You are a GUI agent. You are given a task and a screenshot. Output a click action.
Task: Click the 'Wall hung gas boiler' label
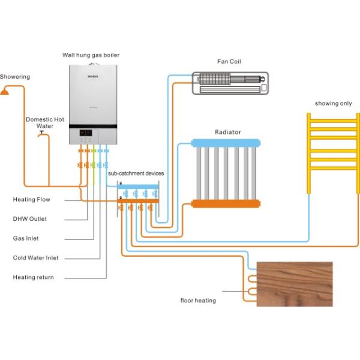click(x=91, y=55)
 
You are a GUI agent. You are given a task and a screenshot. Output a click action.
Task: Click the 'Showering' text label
click(x=15, y=77)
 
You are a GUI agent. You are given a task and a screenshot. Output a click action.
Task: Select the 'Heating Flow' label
click(x=32, y=199)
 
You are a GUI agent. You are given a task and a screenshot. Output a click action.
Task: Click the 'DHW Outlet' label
click(x=30, y=219)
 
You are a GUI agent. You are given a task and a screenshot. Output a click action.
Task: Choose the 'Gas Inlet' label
click(x=26, y=238)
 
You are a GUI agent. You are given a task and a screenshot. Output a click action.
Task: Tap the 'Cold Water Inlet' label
click(x=36, y=258)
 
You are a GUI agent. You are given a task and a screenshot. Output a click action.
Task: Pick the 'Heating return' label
click(x=33, y=277)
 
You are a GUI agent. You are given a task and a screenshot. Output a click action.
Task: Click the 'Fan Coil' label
click(x=229, y=62)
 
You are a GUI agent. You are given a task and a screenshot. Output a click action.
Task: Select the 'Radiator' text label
click(x=228, y=132)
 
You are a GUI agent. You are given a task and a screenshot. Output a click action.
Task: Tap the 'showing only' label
click(x=334, y=104)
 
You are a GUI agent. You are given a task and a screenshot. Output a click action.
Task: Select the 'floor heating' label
click(x=198, y=300)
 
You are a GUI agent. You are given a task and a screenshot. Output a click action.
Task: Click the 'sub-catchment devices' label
click(x=136, y=173)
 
